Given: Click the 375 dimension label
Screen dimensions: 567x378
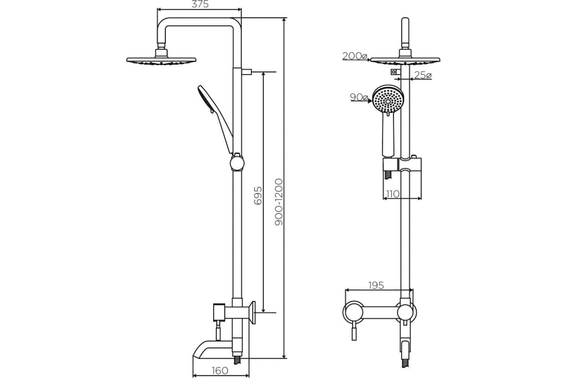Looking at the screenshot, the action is click(x=200, y=4).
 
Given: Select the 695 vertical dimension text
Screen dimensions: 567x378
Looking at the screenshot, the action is click(x=258, y=196).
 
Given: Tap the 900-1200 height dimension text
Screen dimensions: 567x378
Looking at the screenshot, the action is click(x=279, y=202).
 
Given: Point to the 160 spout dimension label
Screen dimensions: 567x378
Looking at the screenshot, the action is click(x=220, y=370).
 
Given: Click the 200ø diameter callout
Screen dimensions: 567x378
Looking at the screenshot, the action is click(x=355, y=56).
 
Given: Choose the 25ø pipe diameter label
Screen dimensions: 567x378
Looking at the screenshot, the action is click(x=423, y=75).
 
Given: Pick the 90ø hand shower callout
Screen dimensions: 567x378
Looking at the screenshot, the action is click(x=359, y=97).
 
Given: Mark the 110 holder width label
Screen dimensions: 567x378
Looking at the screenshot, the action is click(x=393, y=194).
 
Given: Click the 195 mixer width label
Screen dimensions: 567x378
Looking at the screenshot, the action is click(x=376, y=285).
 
